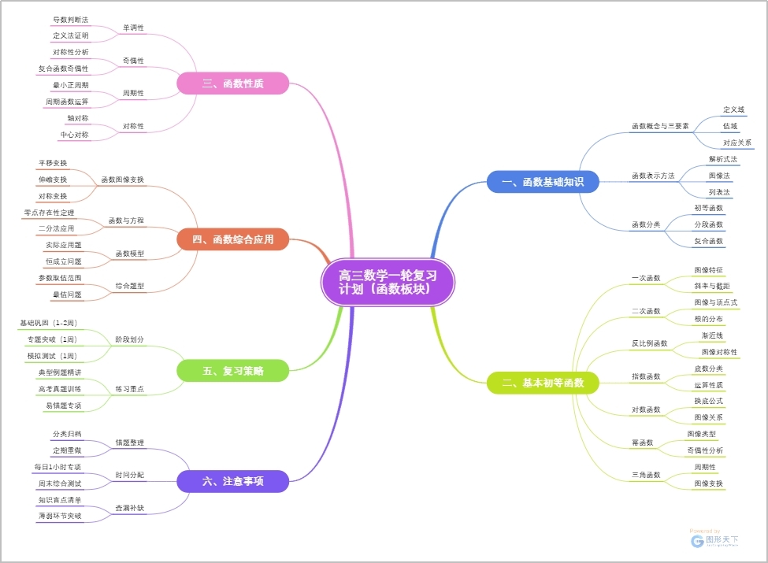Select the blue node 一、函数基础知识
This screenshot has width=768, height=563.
click(x=543, y=182)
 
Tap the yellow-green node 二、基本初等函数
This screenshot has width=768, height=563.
click(x=543, y=383)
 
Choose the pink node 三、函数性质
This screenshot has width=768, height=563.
click(x=232, y=83)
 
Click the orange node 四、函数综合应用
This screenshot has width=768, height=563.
click(x=232, y=239)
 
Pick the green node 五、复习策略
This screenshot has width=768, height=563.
click(x=232, y=370)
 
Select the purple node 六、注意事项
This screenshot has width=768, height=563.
click(x=232, y=480)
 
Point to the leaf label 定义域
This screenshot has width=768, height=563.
click(x=733, y=109)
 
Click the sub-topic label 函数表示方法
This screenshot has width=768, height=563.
click(x=653, y=176)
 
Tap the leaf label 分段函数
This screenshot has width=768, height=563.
click(x=708, y=224)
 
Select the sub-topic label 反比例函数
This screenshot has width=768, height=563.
click(x=649, y=343)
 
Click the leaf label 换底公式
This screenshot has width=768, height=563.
click(x=708, y=401)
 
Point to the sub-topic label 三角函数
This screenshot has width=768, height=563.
click(x=646, y=475)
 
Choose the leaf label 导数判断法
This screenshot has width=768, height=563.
click(x=70, y=19)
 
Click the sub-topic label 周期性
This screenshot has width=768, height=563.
click(x=133, y=94)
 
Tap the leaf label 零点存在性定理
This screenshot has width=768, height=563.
click(x=49, y=213)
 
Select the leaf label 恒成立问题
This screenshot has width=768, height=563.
click(x=64, y=261)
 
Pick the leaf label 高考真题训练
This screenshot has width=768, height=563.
click(x=59, y=389)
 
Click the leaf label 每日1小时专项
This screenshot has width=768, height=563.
click(x=58, y=467)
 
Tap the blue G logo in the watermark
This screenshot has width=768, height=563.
click(x=697, y=541)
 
